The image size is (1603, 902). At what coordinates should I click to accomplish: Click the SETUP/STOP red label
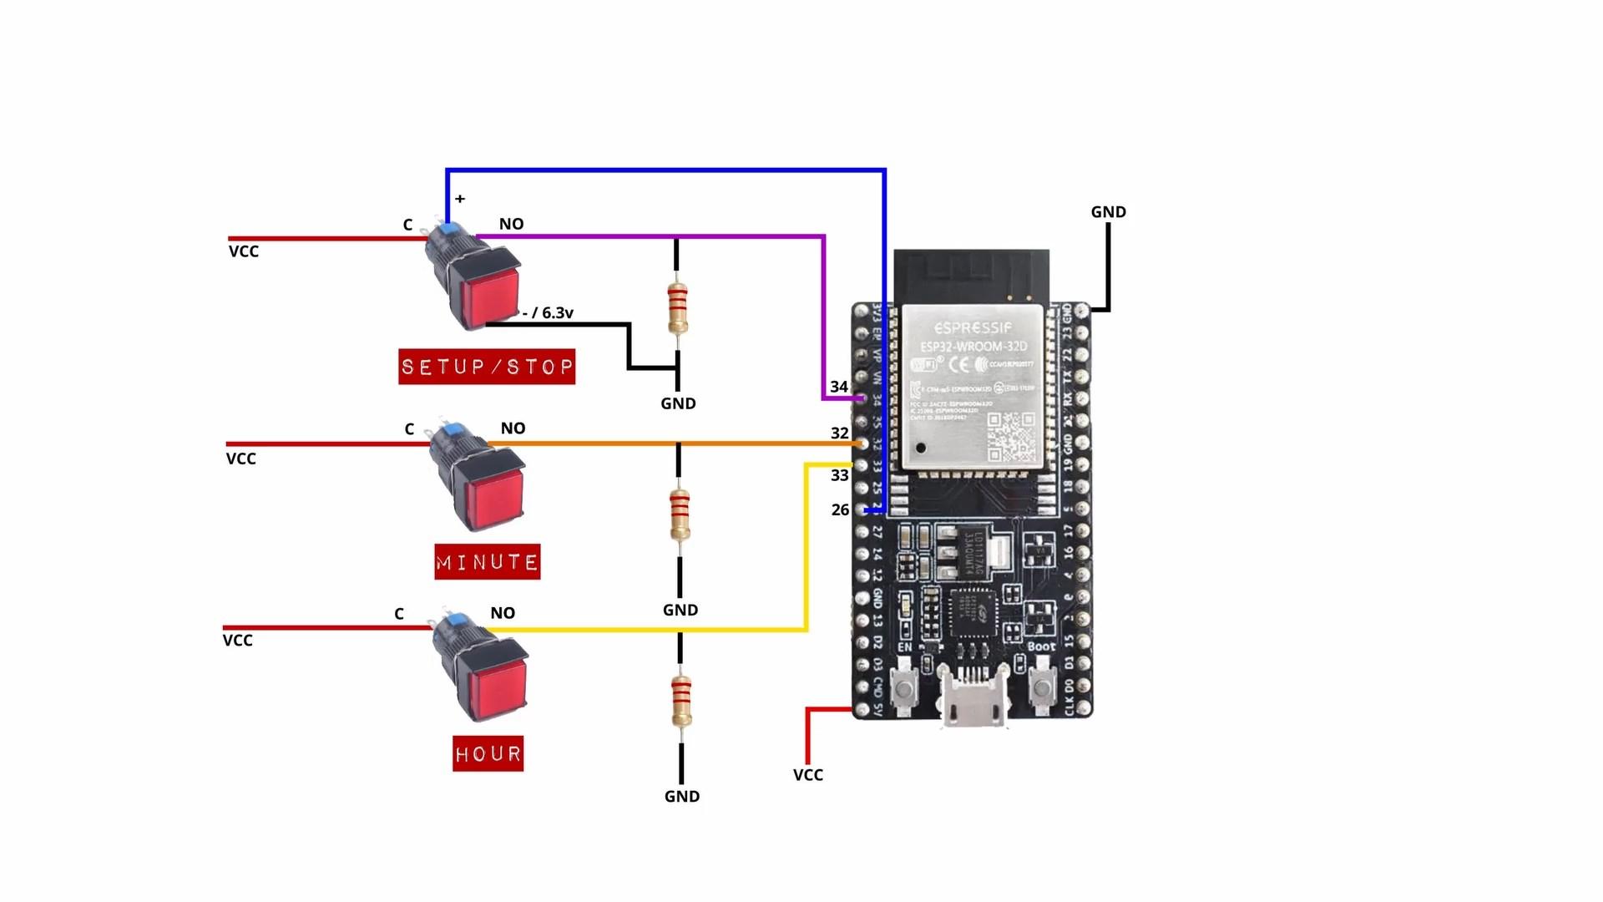487,367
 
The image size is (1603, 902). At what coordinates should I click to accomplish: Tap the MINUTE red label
488,562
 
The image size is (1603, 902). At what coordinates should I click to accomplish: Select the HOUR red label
488,754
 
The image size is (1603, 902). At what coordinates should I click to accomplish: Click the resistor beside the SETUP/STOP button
677,308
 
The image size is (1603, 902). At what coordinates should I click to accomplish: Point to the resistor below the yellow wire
681,702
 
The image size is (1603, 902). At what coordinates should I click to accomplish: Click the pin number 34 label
839,387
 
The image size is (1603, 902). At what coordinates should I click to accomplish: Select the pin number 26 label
840,509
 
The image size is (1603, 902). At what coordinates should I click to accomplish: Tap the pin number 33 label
840,475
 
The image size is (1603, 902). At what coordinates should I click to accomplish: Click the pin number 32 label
840,433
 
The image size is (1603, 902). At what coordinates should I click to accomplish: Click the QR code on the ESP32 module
1011,436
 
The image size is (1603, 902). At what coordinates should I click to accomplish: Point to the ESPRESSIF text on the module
973,327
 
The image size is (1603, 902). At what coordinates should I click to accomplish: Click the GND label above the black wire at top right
1108,212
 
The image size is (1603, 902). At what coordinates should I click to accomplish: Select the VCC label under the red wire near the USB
807,775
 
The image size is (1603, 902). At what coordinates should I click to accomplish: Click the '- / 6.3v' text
549,313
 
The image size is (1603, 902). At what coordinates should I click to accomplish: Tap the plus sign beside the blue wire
460,199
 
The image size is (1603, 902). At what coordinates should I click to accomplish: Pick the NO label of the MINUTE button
513,428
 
